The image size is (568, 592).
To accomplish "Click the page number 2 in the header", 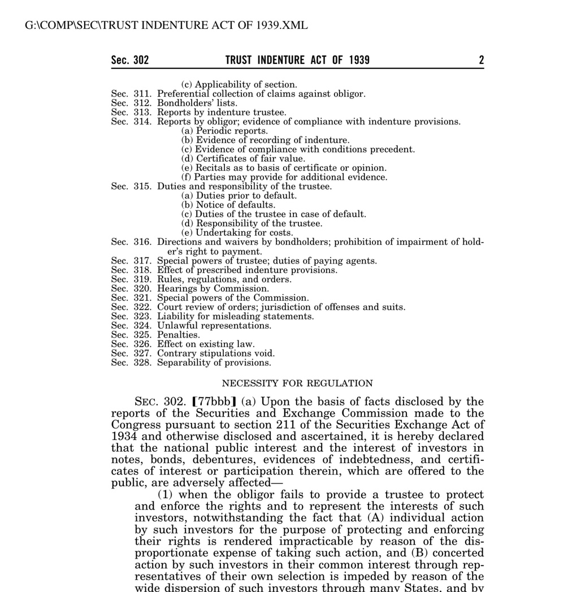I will coord(481,60).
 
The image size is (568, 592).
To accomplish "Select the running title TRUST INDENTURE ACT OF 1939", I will coord(297,60).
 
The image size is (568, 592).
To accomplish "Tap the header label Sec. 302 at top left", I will coord(130,60).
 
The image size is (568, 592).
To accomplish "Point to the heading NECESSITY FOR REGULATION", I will coord(297,383).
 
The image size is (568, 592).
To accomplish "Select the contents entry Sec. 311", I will coord(132,94).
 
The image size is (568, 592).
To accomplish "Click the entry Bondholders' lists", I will coord(197,103).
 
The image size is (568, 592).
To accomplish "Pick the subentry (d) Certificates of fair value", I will coord(243,159).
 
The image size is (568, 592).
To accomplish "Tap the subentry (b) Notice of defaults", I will coord(228,205).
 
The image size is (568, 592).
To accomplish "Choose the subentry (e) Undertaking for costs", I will coord(237,233).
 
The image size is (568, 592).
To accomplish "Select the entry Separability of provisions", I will coord(214,362).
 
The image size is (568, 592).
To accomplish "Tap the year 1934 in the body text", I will coord(122,437).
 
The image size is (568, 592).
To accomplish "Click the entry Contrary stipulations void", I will coord(216,353).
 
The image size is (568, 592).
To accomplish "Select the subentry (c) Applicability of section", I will coord(239,85).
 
